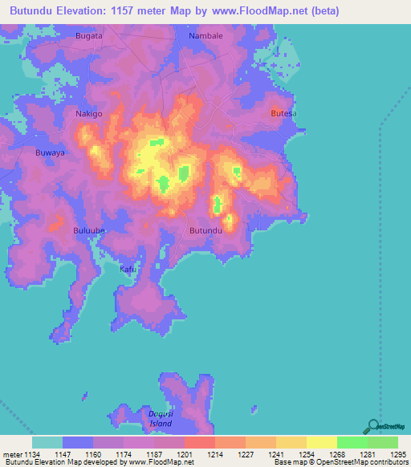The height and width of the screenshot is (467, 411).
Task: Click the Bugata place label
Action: coord(88,37)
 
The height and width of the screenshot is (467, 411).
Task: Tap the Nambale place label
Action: coord(205,37)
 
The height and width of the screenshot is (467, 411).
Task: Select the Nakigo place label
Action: coord(88,114)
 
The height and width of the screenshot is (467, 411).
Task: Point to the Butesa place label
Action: coord(283,114)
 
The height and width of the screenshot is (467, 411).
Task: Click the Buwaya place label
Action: coord(50,152)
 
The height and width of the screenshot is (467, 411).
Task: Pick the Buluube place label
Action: coord(89,230)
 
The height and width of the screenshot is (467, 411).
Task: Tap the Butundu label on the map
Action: coord(205,231)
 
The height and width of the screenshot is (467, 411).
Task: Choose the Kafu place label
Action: coord(128,269)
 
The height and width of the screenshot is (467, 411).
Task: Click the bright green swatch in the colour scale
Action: coord(352,442)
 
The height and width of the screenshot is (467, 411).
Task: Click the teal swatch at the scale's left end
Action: coord(47,442)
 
